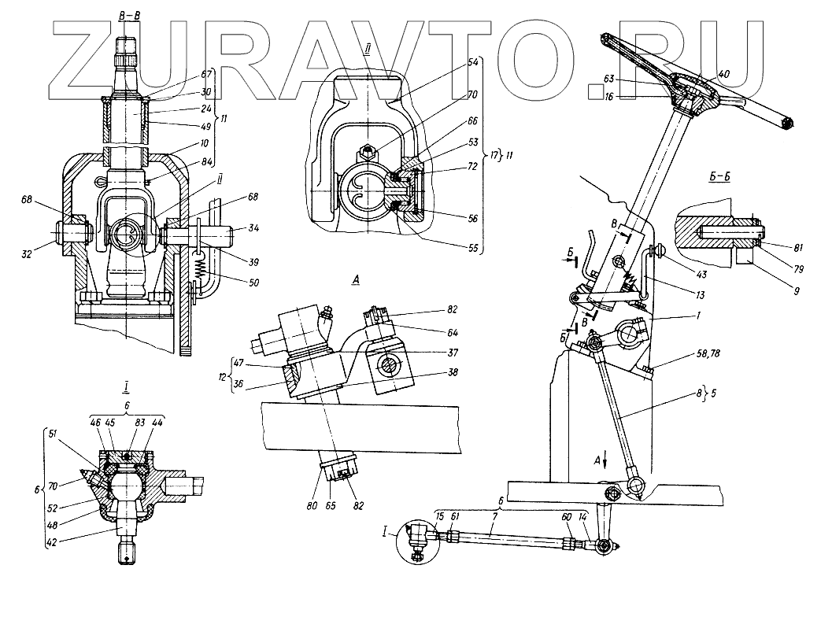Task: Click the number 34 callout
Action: (253, 229)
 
